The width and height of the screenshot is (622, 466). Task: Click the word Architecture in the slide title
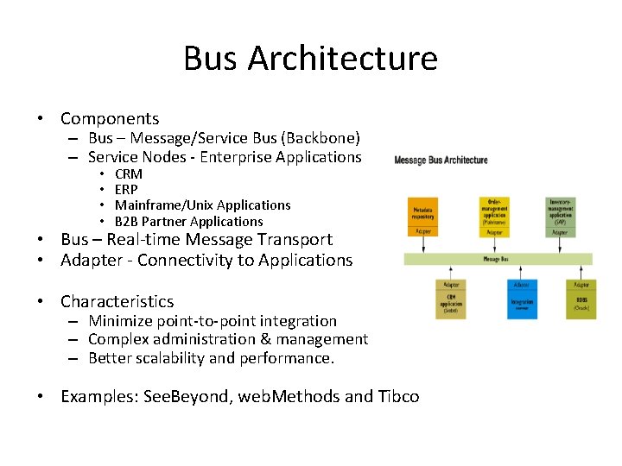point(343,59)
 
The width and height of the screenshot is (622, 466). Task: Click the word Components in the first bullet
point(110,119)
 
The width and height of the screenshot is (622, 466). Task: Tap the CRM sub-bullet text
point(129,174)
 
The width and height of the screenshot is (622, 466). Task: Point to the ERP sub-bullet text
point(126,190)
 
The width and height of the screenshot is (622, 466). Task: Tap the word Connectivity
point(185,261)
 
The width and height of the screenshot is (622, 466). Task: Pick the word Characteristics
point(117,302)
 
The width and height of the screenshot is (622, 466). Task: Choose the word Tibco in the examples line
point(398,397)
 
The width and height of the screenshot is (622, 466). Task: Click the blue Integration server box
point(521,303)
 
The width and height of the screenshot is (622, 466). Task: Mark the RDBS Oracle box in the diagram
point(581,303)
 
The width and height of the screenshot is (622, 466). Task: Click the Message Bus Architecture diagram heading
point(441,160)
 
